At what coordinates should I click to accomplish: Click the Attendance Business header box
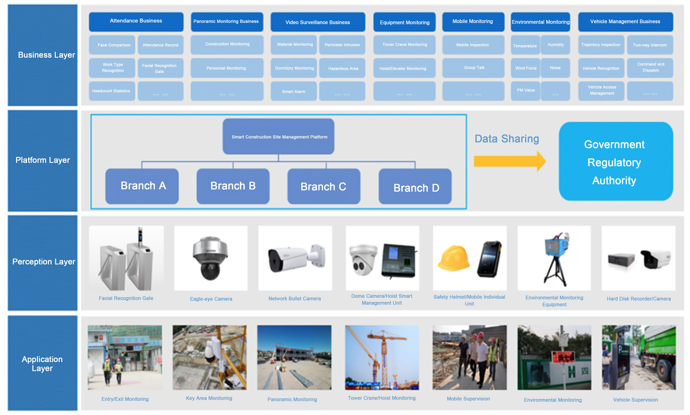click(136, 21)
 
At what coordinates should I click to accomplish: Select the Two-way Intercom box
click(650, 45)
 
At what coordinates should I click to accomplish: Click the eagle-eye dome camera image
click(210, 258)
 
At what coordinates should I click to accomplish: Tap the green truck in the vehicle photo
click(657, 352)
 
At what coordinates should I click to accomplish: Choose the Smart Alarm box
click(293, 91)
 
